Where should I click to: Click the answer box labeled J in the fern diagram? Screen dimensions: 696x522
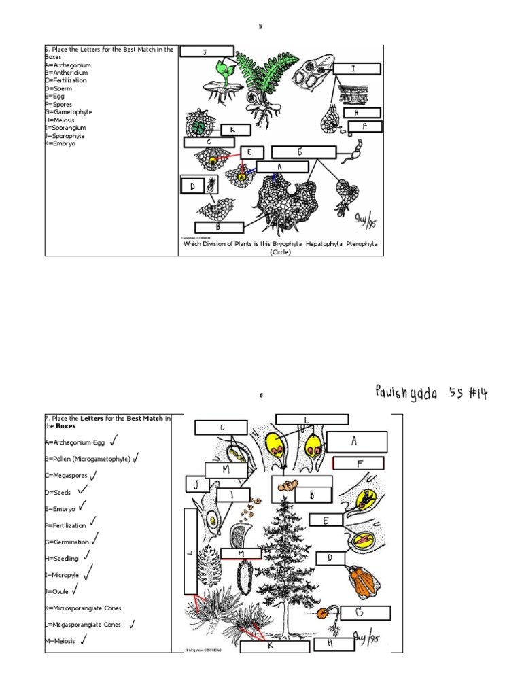point(207,52)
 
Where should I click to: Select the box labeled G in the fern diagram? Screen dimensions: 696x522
point(304,152)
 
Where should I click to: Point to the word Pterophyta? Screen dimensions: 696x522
point(361,243)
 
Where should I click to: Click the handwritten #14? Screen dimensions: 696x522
point(476,393)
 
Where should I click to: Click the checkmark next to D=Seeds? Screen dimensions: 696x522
point(83,489)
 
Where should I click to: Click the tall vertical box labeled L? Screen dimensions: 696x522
point(190,551)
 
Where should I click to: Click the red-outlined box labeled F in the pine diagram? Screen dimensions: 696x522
point(358,464)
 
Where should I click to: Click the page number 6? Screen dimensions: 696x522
point(260,395)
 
